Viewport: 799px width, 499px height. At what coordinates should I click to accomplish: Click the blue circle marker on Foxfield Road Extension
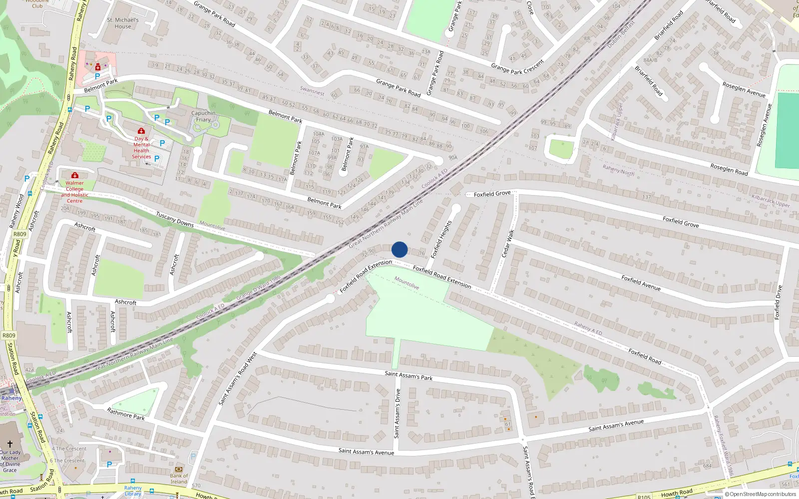tap(399, 249)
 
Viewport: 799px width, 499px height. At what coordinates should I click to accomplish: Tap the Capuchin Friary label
tap(203, 116)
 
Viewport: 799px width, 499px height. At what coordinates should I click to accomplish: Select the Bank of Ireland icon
tap(179, 469)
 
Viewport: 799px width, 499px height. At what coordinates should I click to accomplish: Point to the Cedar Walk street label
tap(507, 244)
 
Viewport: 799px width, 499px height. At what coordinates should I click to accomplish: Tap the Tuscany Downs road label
tap(175, 220)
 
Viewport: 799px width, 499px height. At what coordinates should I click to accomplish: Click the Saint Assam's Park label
tap(408, 375)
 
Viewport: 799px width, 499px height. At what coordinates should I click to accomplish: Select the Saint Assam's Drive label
tap(398, 414)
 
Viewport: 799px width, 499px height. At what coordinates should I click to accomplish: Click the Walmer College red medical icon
tap(75, 175)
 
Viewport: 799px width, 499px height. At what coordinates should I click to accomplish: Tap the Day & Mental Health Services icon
tap(141, 131)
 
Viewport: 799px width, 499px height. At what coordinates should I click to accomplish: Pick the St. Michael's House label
tap(122, 23)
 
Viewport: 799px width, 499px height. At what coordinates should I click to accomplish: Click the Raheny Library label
tap(133, 491)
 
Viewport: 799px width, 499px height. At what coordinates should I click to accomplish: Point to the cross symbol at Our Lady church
tap(9, 444)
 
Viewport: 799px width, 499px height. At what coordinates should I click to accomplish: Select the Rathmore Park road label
tap(126, 414)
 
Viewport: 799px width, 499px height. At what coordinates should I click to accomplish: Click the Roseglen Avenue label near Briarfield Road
tap(744, 90)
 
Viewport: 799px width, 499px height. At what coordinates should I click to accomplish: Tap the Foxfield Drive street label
tap(778, 302)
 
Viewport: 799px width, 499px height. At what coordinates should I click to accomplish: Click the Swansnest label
tap(312, 91)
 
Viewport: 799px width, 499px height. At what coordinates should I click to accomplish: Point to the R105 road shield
tap(644, 497)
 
